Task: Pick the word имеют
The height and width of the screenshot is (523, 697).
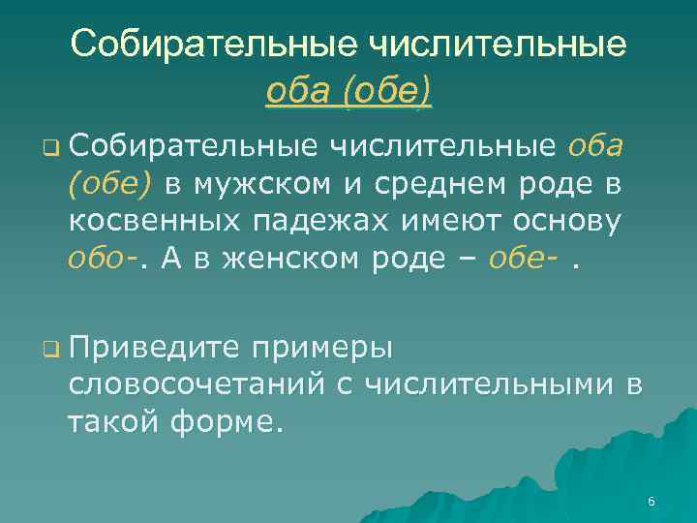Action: [443, 222]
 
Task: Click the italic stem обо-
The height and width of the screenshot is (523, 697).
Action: [98, 259]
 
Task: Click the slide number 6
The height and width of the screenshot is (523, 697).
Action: [651, 502]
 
